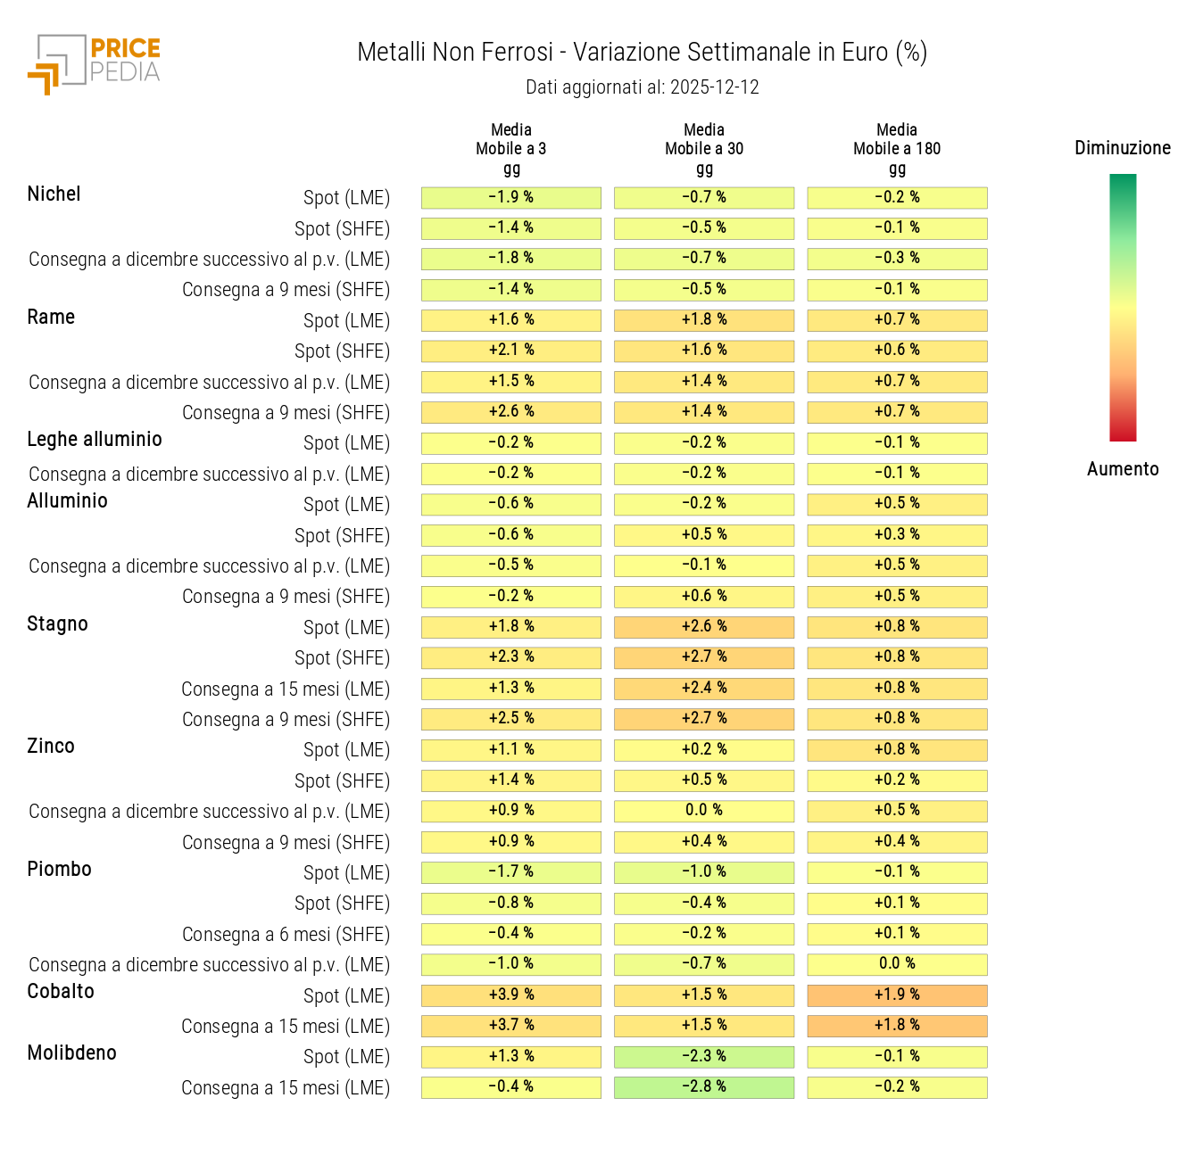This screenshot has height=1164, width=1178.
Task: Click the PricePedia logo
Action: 94,63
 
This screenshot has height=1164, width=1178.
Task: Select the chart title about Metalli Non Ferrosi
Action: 642,53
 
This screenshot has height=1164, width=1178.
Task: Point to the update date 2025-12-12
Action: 642,87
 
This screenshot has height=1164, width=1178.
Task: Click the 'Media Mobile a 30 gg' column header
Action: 704,149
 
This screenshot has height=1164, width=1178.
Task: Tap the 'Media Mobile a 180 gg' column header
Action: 897,149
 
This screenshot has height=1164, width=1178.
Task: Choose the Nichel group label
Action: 54,194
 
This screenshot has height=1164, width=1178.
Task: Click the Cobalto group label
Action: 61,992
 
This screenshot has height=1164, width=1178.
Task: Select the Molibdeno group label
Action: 71,1053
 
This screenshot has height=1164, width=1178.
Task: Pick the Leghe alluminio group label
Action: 95,440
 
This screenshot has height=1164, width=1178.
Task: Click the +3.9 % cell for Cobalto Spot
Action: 511,995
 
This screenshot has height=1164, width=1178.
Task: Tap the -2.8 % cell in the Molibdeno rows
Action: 704,1087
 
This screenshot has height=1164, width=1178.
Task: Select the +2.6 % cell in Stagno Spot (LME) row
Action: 704,627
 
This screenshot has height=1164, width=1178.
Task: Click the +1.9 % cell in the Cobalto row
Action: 897,995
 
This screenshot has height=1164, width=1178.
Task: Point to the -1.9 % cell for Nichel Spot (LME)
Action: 511,197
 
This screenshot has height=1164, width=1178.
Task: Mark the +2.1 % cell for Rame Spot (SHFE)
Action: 511,351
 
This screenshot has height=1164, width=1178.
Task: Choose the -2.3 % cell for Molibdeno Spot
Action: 704,1056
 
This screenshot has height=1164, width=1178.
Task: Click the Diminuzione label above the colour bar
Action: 1122,148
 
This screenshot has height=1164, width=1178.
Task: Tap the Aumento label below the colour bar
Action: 1122,469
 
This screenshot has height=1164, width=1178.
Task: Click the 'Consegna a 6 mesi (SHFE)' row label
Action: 286,935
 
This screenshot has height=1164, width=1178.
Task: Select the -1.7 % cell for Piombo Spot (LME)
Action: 511,872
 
